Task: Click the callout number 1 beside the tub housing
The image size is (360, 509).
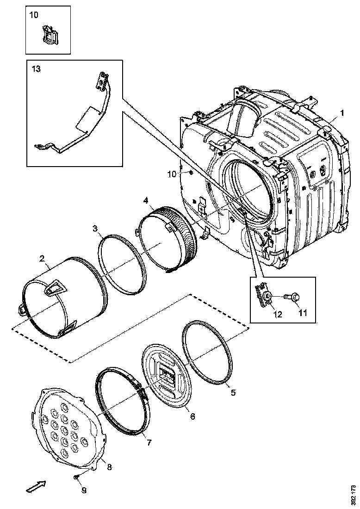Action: [x=342, y=112]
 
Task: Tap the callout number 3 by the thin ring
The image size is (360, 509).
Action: [x=94, y=228]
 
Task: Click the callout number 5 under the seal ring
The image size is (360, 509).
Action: [x=233, y=392]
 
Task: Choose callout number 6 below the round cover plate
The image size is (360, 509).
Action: [x=192, y=416]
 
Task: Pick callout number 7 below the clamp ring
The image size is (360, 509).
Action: [x=149, y=442]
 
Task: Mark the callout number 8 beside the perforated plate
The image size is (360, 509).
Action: [x=110, y=467]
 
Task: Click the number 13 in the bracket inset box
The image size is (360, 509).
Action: [x=36, y=69]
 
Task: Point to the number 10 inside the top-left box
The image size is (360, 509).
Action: [x=34, y=15]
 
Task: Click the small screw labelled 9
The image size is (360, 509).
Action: [x=76, y=477]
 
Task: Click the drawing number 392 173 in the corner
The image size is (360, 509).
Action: [x=353, y=494]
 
